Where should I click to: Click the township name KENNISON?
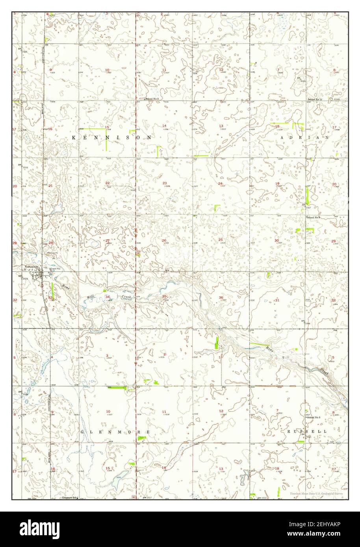(x=112, y=138)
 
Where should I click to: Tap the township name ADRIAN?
(x=305, y=137)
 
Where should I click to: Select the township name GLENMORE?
(x=115, y=432)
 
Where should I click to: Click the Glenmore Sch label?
(x=69, y=497)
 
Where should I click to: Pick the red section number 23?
(x=164, y=183)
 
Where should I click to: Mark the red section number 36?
(x=221, y=298)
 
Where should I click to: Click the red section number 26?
(x=164, y=240)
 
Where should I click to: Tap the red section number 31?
(x=277, y=300)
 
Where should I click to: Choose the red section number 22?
(x=107, y=183)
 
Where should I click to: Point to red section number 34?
(x=107, y=296)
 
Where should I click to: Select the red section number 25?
(x=221, y=240)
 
